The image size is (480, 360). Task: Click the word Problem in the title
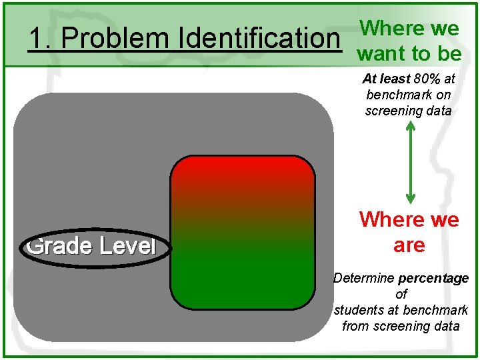[x=117, y=39]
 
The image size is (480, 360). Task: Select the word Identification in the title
[x=258, y=39]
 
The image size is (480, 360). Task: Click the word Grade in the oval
[x=60, y=246]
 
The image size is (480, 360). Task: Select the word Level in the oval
[x=127, y=246]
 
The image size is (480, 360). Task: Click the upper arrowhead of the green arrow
[x=411, y=127]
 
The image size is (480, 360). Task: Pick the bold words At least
[x=387, y=79]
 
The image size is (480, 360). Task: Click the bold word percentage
[x=437, y=278]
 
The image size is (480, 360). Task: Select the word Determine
[x=364, y=278]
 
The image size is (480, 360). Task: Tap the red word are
[x=409, y=245]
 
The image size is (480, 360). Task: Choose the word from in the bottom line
[x=355, y=326]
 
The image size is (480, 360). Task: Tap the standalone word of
[x=401, y=294]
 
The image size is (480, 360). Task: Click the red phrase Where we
[x=409, y=219]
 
